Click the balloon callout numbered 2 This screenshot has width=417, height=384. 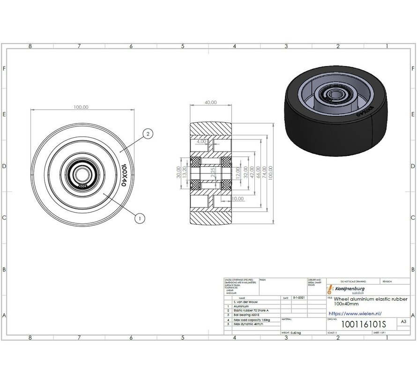click(147, 133)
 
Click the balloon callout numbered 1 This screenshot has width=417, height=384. click(139, 217)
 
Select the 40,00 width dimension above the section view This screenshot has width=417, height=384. click(210, 103)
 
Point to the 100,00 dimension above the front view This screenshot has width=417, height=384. click(81, 107)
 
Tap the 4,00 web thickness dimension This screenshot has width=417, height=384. click(201, 141)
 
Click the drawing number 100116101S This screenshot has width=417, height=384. click(358, 324)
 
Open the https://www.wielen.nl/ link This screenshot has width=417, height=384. click(355, 313)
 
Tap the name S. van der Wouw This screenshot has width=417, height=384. click(251, 302)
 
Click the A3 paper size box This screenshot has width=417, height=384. click(402, 322)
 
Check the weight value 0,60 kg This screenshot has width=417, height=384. click(296, 332)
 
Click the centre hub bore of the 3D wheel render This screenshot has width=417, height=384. click(330, 96)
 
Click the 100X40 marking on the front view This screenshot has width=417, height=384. click(124, 176)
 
